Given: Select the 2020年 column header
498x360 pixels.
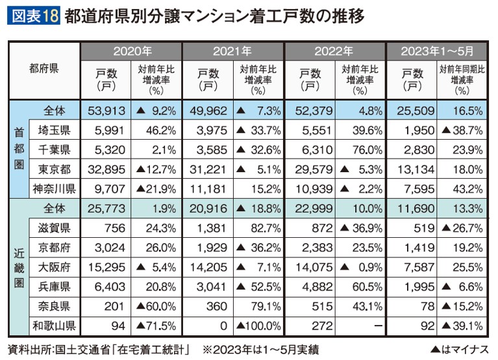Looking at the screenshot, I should click(x=131, y=51).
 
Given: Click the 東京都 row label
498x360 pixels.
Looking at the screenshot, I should click(x=54, y=170).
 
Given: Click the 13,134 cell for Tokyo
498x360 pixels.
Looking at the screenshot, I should click(x=413, y=170).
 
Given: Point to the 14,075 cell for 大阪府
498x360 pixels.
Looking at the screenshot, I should click(x=310, y=268).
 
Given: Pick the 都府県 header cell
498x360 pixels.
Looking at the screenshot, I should click(x=44, y=68).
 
